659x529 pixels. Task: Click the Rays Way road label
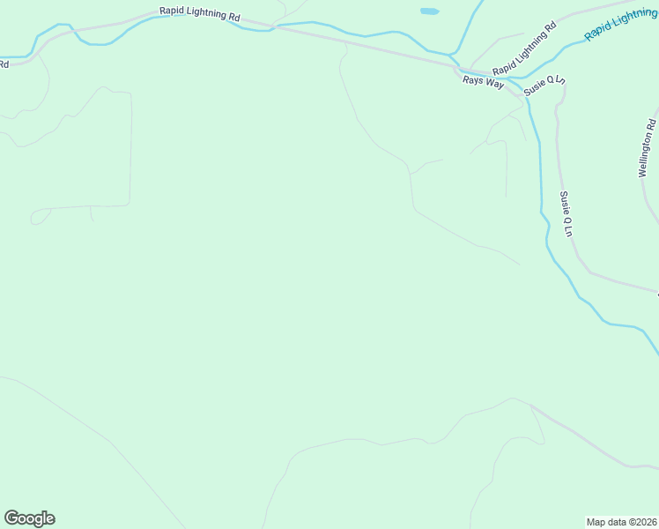(x=482, y=80)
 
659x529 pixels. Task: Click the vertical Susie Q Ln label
(x=567, y=213)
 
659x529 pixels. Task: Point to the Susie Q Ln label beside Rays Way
(x=544, y=86)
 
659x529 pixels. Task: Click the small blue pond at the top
(x=429, y=11)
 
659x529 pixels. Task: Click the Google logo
(x=29, y=518)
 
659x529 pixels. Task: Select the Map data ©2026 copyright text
(x=622, y=521)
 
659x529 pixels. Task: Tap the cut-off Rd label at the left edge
(x=4, y=63)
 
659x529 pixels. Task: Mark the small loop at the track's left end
(x=39, y=217)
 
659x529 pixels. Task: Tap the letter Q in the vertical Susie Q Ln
(x=567, y=220)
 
